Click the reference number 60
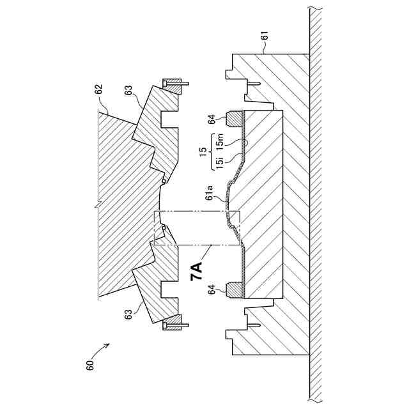point(90,366)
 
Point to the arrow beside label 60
point(102,350)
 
